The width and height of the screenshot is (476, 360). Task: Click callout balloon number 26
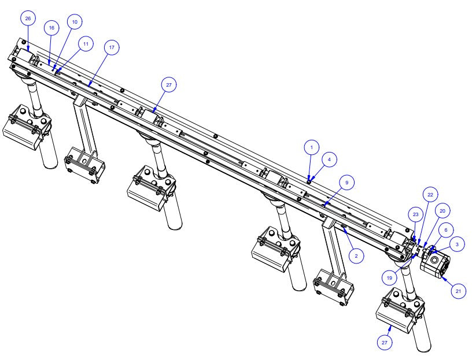pos(28,19)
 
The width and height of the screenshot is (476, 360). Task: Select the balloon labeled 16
pos(51,28)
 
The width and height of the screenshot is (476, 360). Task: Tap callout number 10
pos(74,22)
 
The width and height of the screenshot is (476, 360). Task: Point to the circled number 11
pos(86,43)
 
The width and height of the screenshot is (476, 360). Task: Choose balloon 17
pos(111,49)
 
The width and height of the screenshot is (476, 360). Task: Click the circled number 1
pos(311,148)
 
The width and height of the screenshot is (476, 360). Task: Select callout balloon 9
pos(347,183)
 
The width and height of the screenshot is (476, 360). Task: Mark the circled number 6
pos(446,229)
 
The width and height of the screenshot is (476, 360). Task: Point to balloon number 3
pos(456,245)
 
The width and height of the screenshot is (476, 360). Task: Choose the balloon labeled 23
pos(415,214)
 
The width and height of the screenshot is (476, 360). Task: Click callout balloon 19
pos(390,277)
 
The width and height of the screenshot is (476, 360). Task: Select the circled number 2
pos(356,255)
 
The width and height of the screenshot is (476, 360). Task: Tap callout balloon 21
pos(457,292)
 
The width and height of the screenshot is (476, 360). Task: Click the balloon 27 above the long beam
pos(169,85)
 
